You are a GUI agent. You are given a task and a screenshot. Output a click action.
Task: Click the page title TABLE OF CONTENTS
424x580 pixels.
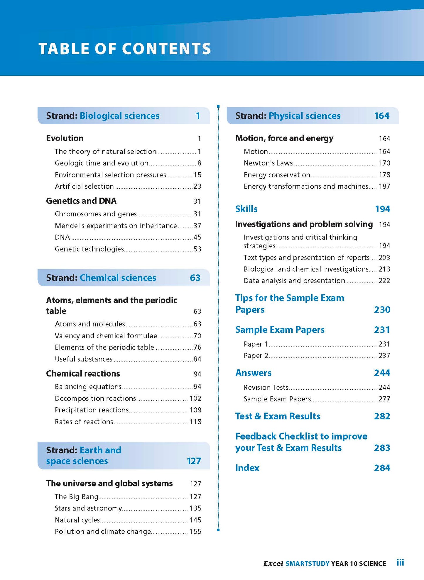[125, 49]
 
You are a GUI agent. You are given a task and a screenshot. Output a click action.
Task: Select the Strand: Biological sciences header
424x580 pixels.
[103, 116]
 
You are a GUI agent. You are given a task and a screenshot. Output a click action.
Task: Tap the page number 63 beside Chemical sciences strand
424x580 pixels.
[195, 278]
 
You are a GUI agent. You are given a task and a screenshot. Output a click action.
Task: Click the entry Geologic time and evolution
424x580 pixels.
[102, 163]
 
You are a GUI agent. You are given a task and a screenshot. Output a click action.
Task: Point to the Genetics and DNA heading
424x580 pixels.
[81, 201]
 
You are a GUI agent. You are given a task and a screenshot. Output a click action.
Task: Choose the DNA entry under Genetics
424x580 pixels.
[62, 237]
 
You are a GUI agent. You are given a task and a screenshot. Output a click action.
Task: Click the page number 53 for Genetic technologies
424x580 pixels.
[197, 249]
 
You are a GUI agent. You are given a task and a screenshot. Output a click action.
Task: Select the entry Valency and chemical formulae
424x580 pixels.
[106, 336]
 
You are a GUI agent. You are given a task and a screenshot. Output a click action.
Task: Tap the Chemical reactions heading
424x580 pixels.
[83, 374]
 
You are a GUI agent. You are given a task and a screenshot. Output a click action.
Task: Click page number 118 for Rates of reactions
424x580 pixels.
[195, 422]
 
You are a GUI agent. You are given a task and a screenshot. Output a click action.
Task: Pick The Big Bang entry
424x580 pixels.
[76, 497]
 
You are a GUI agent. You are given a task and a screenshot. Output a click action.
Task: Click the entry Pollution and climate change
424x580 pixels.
[103, 532]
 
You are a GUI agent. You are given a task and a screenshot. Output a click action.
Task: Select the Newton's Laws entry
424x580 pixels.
[268, 163]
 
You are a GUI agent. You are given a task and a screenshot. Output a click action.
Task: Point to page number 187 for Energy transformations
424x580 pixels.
[384, 186]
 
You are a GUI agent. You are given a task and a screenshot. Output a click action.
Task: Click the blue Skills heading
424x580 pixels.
[246, 209]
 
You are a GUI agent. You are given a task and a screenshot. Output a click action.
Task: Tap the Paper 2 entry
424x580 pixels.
[256, 356]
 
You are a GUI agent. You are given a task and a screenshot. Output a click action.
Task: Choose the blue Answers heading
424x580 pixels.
[254, 373]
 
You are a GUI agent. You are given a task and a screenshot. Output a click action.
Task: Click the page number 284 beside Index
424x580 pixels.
[382, 468]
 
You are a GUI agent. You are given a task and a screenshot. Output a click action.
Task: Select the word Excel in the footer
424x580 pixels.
[273, 564]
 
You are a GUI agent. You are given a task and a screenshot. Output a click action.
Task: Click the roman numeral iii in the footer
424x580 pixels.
[400, 563]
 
